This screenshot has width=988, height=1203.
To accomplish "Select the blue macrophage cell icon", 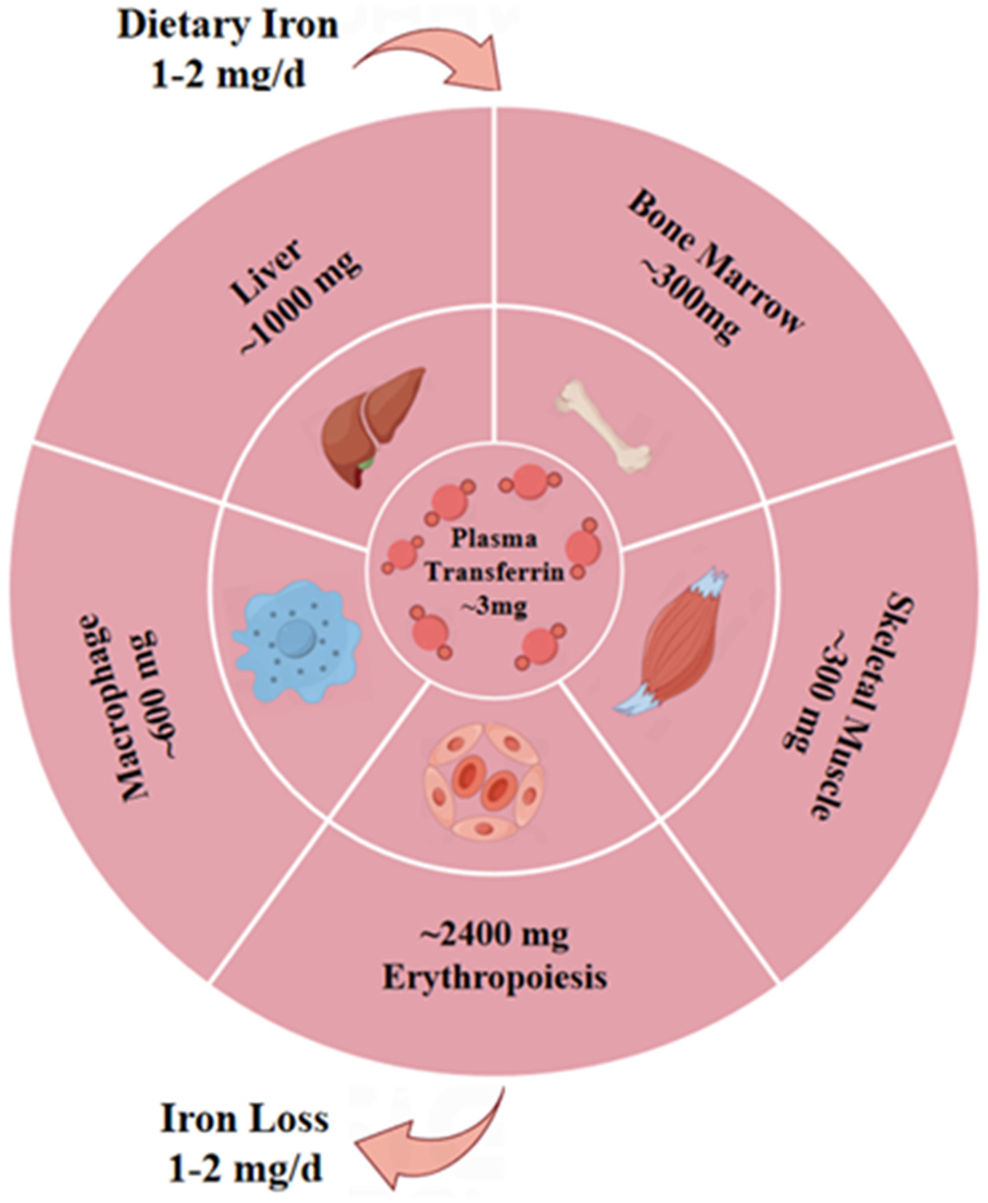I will [296, 641].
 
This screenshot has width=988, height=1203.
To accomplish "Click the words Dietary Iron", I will [228, 26].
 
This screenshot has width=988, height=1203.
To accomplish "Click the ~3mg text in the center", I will [494, 606].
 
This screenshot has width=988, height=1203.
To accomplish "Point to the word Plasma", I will [494, 538].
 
